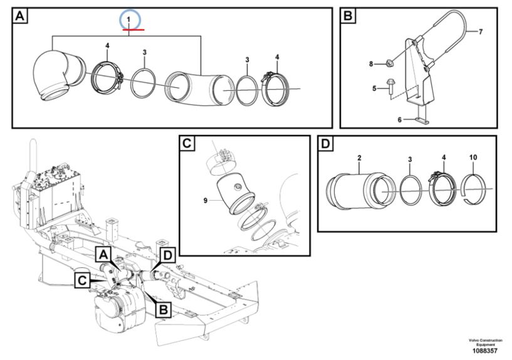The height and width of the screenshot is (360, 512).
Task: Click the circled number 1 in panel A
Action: [130, 20]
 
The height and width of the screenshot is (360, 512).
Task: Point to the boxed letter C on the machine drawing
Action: [82, 280]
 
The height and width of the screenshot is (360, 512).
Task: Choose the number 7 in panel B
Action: [481, 31]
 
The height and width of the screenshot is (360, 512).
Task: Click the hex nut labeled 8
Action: [389, 63]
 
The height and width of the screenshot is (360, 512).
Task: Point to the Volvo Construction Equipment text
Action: [485, 342]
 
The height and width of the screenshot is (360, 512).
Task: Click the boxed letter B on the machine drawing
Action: [163, 308]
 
